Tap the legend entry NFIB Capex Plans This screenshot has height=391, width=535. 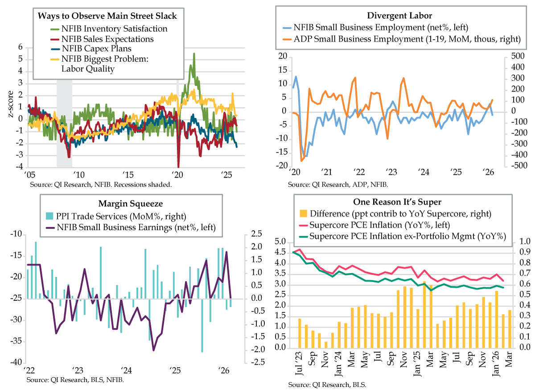pos(96,48)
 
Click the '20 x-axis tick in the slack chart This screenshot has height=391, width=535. pos(177,174)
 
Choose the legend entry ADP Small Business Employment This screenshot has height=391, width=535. pos(407,39)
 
